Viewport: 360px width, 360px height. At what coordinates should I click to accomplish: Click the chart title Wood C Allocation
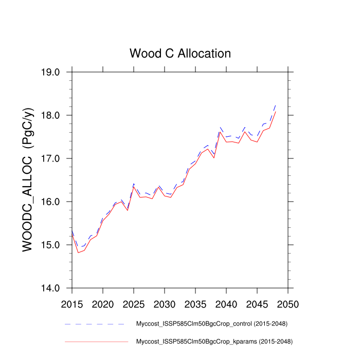click(180, 53)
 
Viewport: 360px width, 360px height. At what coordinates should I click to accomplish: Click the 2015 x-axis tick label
click(72, 304)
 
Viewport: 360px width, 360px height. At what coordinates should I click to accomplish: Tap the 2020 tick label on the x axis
click(103, 304)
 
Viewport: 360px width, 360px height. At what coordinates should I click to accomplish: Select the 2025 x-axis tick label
click(133, 304)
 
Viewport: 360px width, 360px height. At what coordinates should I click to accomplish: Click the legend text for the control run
click(211, 324)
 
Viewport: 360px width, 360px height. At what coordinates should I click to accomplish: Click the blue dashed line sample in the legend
click(96, 324)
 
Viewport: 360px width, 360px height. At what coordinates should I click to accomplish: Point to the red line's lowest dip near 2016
click(78, 253)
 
